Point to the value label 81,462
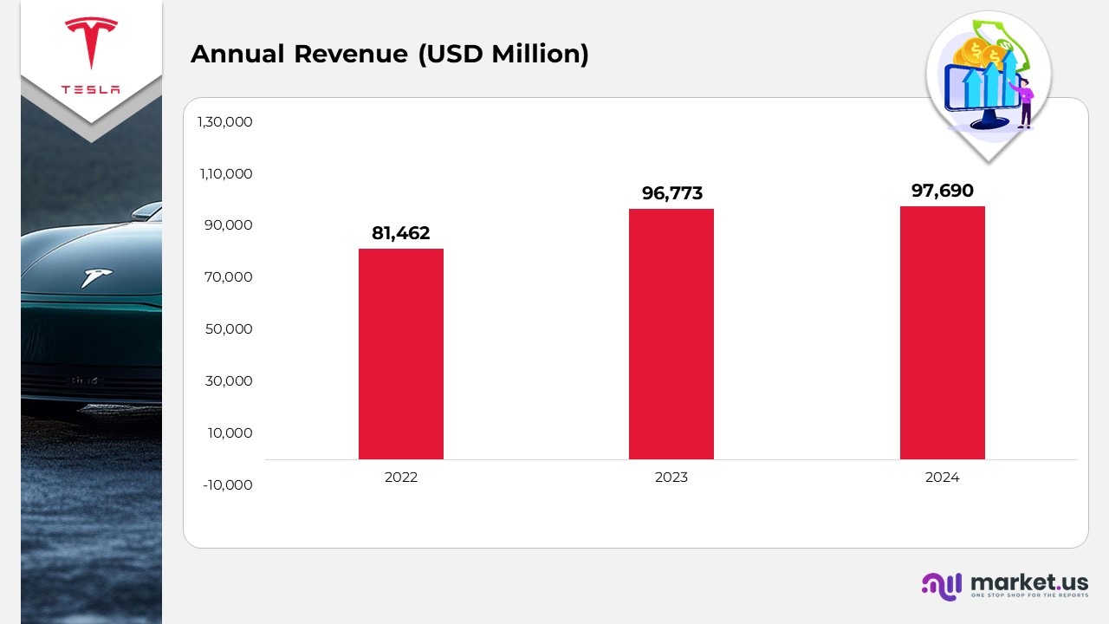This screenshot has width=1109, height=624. (401, 233)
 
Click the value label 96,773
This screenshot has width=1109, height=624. (671, 193)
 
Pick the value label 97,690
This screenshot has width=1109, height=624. (942, 191)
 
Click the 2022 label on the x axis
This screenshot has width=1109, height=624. (401, 478)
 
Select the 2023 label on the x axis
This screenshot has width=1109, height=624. (671, 478)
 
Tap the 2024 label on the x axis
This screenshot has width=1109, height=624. (942, 478)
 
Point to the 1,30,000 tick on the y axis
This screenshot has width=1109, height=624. (225, 122)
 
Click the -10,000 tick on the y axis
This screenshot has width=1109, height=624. (228, 484)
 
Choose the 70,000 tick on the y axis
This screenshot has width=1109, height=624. (230, 277)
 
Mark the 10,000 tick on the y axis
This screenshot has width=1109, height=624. (230, 432)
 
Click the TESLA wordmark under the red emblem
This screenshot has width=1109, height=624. (91, 90)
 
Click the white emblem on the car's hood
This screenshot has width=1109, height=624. (96, 276)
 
